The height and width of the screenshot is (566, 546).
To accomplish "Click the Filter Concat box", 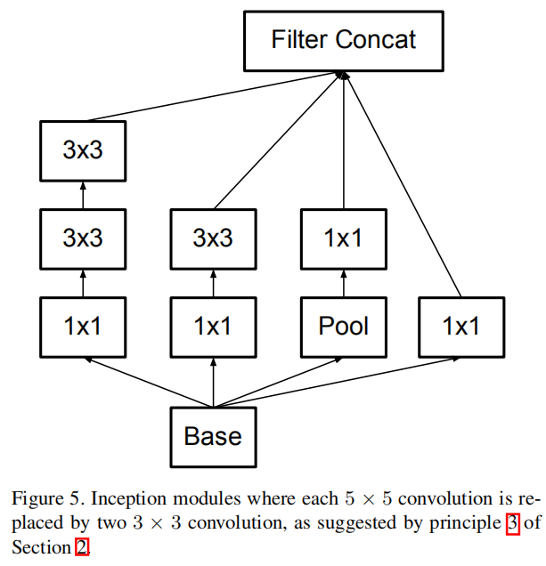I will (x=344, y=41).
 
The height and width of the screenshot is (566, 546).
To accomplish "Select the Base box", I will (x=213, y=437).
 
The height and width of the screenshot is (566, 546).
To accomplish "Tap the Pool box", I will (x=344, y=326).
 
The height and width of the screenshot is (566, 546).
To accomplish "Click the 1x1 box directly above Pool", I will (x=344, y=238).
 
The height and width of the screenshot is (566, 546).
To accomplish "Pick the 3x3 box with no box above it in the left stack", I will (x=83, y=150).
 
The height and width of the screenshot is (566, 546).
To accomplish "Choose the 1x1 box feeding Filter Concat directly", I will (x=461, y=326).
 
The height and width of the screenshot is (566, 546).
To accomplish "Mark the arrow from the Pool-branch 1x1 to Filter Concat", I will (x=344, y=142).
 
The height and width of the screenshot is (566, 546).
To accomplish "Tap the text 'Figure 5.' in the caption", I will (x=40, y=497).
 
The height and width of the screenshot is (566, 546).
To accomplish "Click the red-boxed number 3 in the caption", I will (x=512, y=522).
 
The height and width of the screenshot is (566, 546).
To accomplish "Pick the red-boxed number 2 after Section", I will (x=82, y=546).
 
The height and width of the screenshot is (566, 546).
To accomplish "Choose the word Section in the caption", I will (x=41, y=546).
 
